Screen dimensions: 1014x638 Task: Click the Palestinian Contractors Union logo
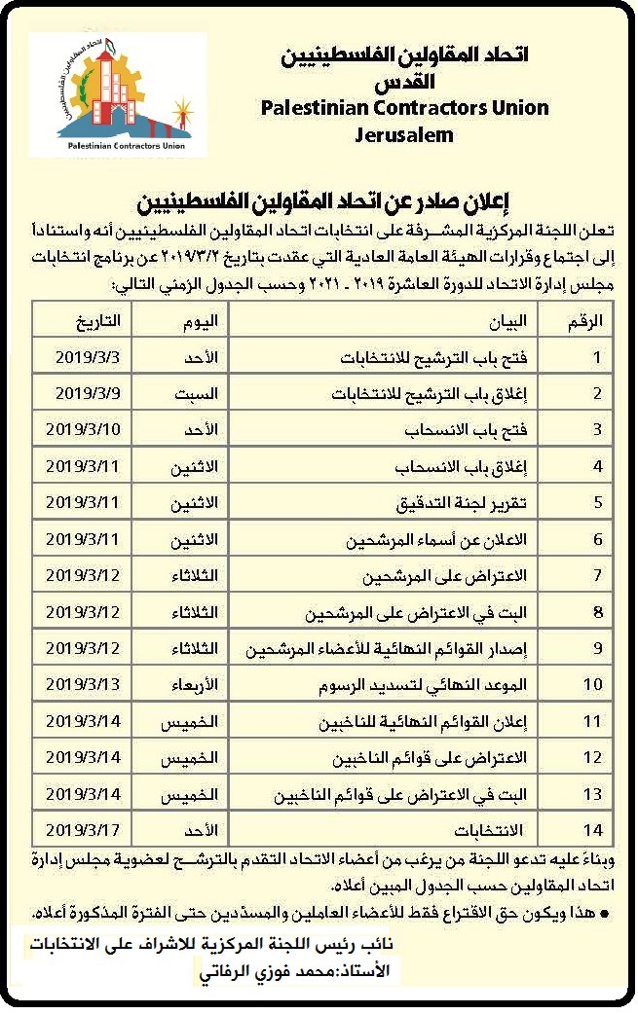pyautogui.click(x=118, y=95)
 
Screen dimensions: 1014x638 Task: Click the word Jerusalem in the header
pyautogui.click(x=404, y=135)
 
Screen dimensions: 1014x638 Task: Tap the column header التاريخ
pyautogui.click(x=98, y=321)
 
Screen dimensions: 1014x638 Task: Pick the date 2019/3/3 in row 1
pyautogui.click(x=87, y=357)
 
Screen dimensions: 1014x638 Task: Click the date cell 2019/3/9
pyautogui.click(x=87, y=393)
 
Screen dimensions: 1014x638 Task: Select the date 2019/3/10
pyautogui.click(x=83, y=429)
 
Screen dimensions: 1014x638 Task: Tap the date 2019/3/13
pyautogui.click(x=83, y=684)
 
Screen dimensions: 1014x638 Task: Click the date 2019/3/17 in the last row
pyautogui.click(x=83, y=829)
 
